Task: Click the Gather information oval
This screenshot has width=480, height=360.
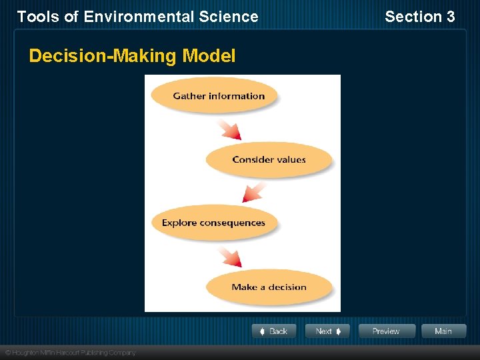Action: [x=213, y=95]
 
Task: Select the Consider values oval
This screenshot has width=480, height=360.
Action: [x=269, y=159]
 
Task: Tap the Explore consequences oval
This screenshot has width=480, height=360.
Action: [x=213, y=223]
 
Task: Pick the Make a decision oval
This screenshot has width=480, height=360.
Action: [x=269, y=287]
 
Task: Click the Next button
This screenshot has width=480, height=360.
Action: [x=327, y=331]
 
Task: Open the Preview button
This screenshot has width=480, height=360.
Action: [x=387, y=331]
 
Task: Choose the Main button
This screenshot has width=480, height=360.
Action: [x=443, y=331]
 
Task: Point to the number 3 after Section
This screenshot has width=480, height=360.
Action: [x=451, y=17]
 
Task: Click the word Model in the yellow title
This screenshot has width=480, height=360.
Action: [x=209, y=56]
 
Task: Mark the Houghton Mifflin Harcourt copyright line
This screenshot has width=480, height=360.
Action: [x=70, y=352]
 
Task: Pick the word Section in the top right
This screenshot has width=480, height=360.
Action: [x=413, y=17]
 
